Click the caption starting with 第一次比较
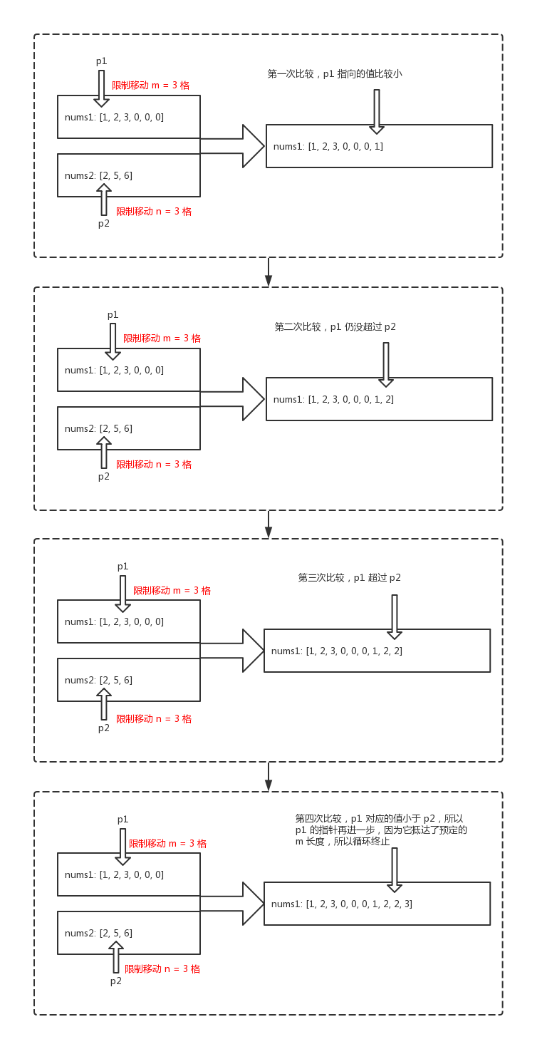(x=334, y=73)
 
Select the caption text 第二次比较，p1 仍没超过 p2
(x=335, y=327)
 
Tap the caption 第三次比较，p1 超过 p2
(x=349, y=578)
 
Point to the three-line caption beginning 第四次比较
(x=381, y=830)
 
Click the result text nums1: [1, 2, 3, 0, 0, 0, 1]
(x=328, y=147)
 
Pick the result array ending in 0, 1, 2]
(x=333, y=400)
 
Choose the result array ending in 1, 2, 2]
(x=337, y=651)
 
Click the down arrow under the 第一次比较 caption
(x=377, y=111)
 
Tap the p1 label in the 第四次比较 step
(x=123, y=820)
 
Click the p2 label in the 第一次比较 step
(x=104, y=224)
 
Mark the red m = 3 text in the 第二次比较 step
(x=162, y=339)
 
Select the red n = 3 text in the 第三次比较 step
(x=154, y=719)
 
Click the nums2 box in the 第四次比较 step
(x=128, y=933)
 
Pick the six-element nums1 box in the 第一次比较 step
(x=128, y=117)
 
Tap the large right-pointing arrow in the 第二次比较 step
(x=235, y=399)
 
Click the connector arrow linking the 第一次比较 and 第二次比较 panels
(x=269, y=272)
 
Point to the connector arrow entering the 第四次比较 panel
(x=269, y=777)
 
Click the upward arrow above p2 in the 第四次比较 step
(x=116, y=956)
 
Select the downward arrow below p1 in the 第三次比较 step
(x=123, y=594)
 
